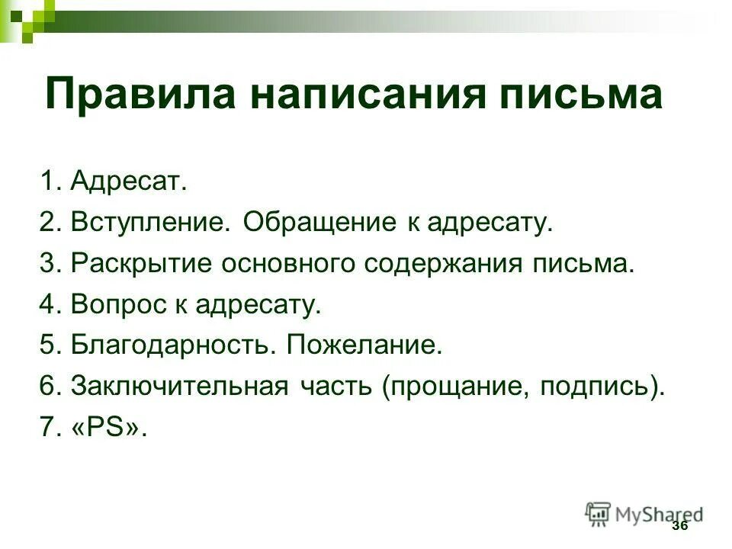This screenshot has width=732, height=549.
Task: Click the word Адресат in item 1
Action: pyautogui.click(x=127, y=182)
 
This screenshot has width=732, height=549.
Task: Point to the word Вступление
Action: pyautogui.click(x=150, y=223)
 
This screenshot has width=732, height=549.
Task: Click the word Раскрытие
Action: pyautogui.click(x=141, y=265)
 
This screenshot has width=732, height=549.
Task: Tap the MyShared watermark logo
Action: pyautogui.click(x=644, y=514)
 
